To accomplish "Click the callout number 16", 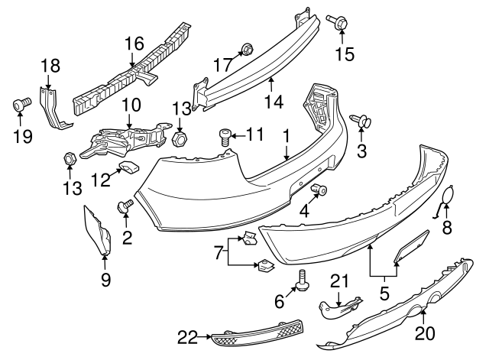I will click(134, 44).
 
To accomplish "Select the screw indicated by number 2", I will click(124, 206).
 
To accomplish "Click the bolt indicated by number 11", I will click(225, 137).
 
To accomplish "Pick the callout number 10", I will click(129, 103).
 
